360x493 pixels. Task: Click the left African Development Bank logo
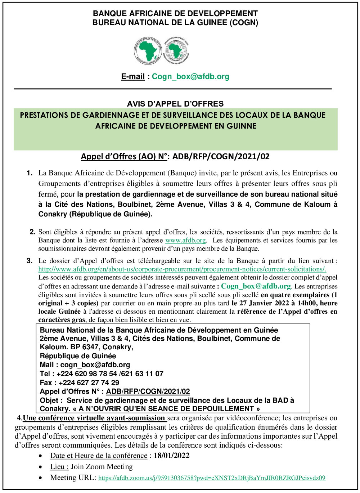pyautogui.click(x=147, y=51)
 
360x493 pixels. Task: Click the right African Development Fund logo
pyautogui.click(x=176, y=51)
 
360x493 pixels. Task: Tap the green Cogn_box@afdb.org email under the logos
pyautogui.click(x=190, y=76)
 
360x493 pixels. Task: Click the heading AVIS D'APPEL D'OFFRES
pyautogui.click(x=175, y=104)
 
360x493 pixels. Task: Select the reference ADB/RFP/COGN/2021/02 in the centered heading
pyautogui.click(x=221, y=156)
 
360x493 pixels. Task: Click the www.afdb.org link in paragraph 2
pyautogui.click(x=185, y=240)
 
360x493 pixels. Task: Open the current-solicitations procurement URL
pyautogui.click(x=182, y=269)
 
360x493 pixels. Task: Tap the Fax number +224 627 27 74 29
pyautogui.click(x=89, y=382)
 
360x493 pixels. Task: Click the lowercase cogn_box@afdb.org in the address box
pyautogui.click(x=95, y=364)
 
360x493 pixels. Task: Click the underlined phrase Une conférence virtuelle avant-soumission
pyautogui.click(x=94, y=418)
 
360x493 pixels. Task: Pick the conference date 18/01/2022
pyautogui.click(x=171, y=456)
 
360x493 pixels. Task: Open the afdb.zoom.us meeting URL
pyautogui.click(x=212, y=478)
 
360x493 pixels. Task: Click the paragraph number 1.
pyautogui.click(x=30, y=173)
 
